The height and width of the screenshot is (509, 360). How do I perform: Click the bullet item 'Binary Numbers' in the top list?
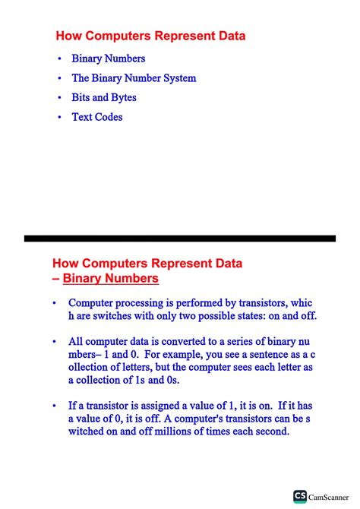109,58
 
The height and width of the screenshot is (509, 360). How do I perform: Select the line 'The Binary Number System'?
134,78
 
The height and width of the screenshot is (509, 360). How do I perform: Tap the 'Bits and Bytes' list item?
104,98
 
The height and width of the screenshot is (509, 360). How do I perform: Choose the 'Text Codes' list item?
97,117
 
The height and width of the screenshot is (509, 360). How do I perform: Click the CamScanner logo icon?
300,497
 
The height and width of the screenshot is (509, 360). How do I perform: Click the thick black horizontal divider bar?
180,238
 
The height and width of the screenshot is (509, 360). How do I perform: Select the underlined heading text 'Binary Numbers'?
111,279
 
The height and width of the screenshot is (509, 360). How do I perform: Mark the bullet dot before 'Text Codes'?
60,118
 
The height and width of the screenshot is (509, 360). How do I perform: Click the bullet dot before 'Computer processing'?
54,303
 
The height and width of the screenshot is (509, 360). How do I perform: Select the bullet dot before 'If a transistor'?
54,406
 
